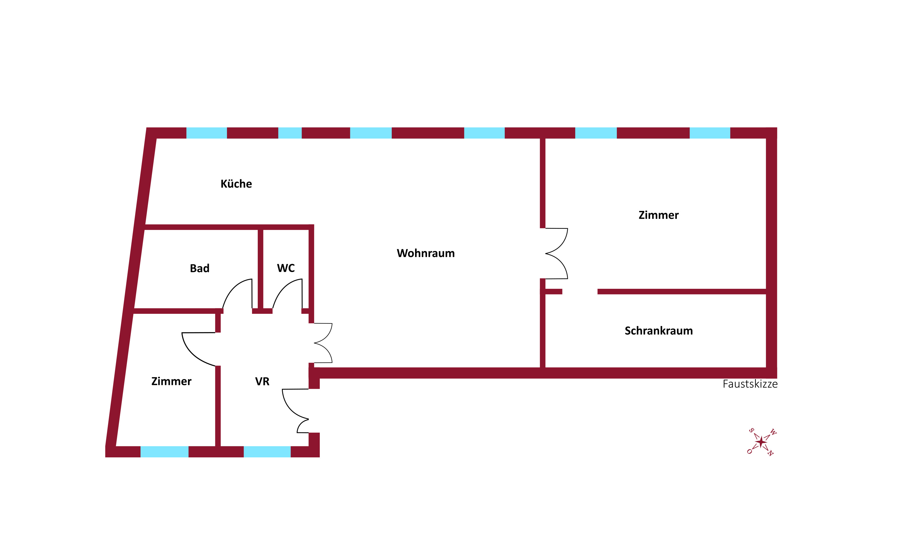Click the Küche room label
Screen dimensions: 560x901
[236, 184]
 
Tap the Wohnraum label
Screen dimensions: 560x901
[426, 253]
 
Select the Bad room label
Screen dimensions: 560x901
[199, 268]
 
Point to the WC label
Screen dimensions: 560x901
[286, 268]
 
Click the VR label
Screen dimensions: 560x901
[262, 381]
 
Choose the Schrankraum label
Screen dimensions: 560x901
[658, 331]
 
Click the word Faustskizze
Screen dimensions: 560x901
[750, 384]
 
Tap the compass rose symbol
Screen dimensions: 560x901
[761, 442]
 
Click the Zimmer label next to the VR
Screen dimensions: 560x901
[171, 381]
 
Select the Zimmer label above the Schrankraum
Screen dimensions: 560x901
[658, 215]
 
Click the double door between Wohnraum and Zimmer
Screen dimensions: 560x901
[556, 254]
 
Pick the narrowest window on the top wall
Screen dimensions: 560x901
[290, 133]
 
